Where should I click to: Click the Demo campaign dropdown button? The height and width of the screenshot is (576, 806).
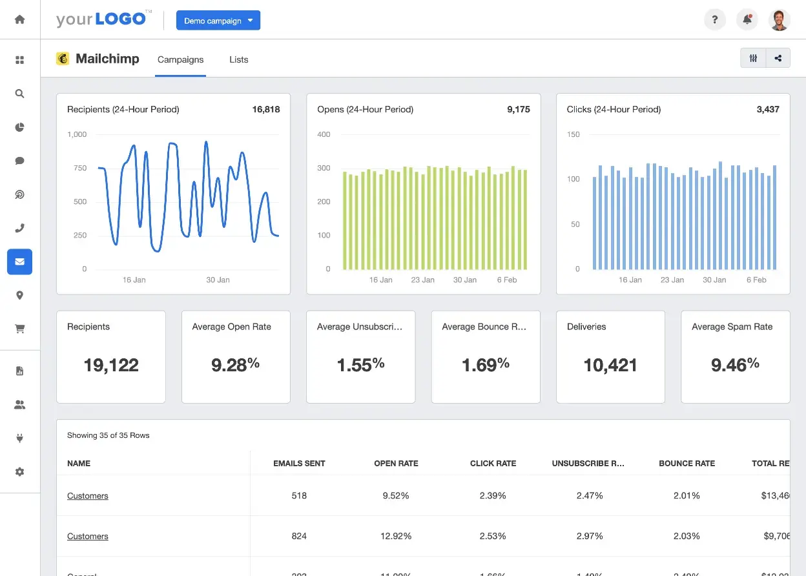tap(218, 21)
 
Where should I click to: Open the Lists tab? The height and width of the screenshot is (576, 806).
tap(238, 59)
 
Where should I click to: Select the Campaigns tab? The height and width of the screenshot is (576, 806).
tap(180, 59)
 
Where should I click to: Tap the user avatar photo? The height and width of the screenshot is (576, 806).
tap(780, 20)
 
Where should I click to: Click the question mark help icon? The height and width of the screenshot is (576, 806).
tap(714, 20)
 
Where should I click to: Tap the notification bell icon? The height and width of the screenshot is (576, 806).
tap(747, 20)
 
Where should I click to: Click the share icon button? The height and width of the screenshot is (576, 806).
tap(778, 58)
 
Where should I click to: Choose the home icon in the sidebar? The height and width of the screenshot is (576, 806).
tap(19, 19)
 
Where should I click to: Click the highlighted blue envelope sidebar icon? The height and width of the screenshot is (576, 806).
tap(19, 262)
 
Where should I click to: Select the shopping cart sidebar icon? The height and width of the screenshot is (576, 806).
tap(19, 329)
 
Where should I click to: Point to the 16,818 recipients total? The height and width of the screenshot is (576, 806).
tap(266, 110)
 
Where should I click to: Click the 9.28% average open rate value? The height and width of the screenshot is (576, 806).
tap(235, 365)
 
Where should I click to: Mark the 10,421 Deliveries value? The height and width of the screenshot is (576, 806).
tap(610, 365)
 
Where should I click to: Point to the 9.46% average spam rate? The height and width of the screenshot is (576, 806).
tap(735, 365)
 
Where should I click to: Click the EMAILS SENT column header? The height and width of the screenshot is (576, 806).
tap(299, 464)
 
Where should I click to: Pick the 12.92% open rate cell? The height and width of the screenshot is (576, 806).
tap(396, 536)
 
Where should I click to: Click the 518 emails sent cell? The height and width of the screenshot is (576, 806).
tap(299, 496)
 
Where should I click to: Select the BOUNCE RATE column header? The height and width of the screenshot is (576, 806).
tap(687, 464)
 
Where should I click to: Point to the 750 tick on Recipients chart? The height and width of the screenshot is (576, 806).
tap(80, 168)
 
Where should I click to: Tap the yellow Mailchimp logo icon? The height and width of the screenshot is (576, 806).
tap(63, 59)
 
